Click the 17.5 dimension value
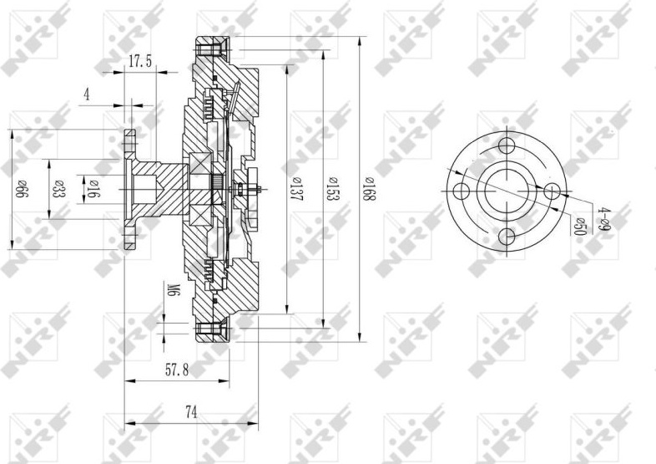(140, 62)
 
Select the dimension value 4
(87, 94)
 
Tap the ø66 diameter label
(22, 190)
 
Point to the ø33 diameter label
(59, 189)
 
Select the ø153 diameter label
(332, 189)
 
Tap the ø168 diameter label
(369, 189)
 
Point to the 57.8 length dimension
(177, 370)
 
